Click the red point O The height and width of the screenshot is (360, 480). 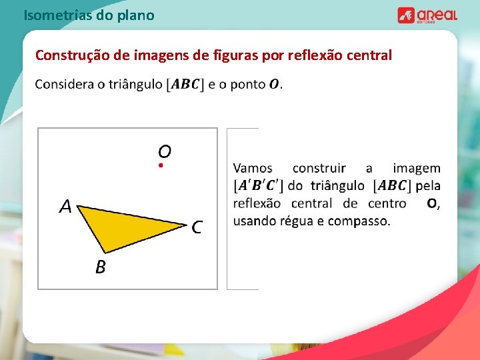[161, 165]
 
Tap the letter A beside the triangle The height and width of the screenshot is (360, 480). [65, 207]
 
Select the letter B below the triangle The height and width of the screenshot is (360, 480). [100, 267]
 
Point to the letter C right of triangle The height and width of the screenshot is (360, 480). [197, 227]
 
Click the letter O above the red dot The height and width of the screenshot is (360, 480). [165, 151]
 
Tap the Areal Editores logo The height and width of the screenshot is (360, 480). [427, 15]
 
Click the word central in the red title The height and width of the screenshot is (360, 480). [367, 55]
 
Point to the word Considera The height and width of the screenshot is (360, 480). [63, 85]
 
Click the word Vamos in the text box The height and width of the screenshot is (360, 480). [253, 169]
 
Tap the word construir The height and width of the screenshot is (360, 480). [319, 169]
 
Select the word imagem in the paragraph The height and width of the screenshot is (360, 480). [416, 169]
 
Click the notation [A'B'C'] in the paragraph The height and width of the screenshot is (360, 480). [259, 186]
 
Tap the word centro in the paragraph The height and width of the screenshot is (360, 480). [385, 203]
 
